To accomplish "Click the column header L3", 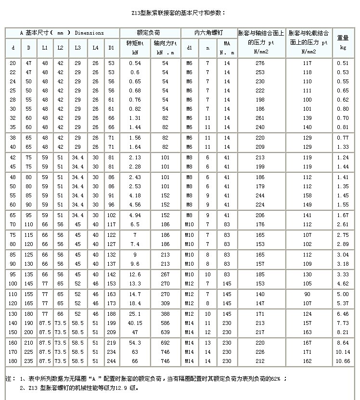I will [78, 48].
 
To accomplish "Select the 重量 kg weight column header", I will [343, 42].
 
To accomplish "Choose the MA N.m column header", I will [227, 48].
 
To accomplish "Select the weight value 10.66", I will [343, 361].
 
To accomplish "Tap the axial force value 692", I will [165, 342].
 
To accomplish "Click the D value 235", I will [29, 361].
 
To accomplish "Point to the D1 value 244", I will [112, 361].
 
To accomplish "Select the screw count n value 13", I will [208, 342].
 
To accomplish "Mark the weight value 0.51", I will [343, 63].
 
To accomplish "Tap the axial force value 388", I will [165, 314].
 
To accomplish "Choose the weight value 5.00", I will [343, 294].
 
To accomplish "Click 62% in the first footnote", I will [276, 379].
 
